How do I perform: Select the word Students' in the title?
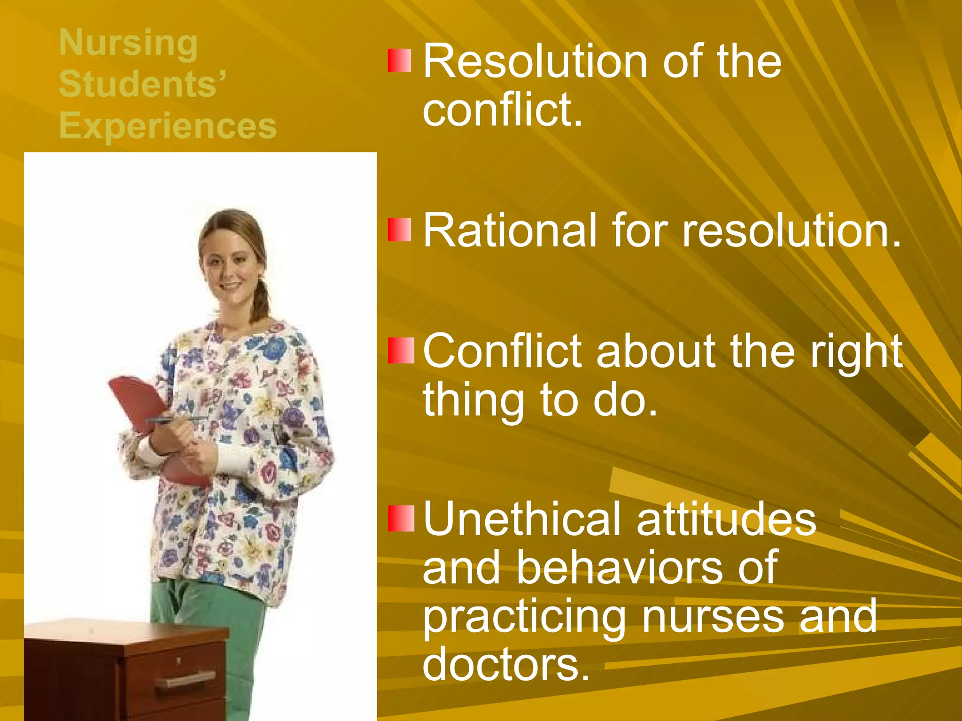[x=142, y=84]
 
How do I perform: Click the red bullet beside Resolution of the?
[x=399, y=61]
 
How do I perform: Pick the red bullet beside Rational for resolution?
[x=399, y=230]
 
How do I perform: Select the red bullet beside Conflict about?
[x=401, y=351]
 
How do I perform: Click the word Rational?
[x=510, y=230]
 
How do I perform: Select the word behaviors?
[x=620, y=568]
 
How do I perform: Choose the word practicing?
[x=524, y=617]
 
